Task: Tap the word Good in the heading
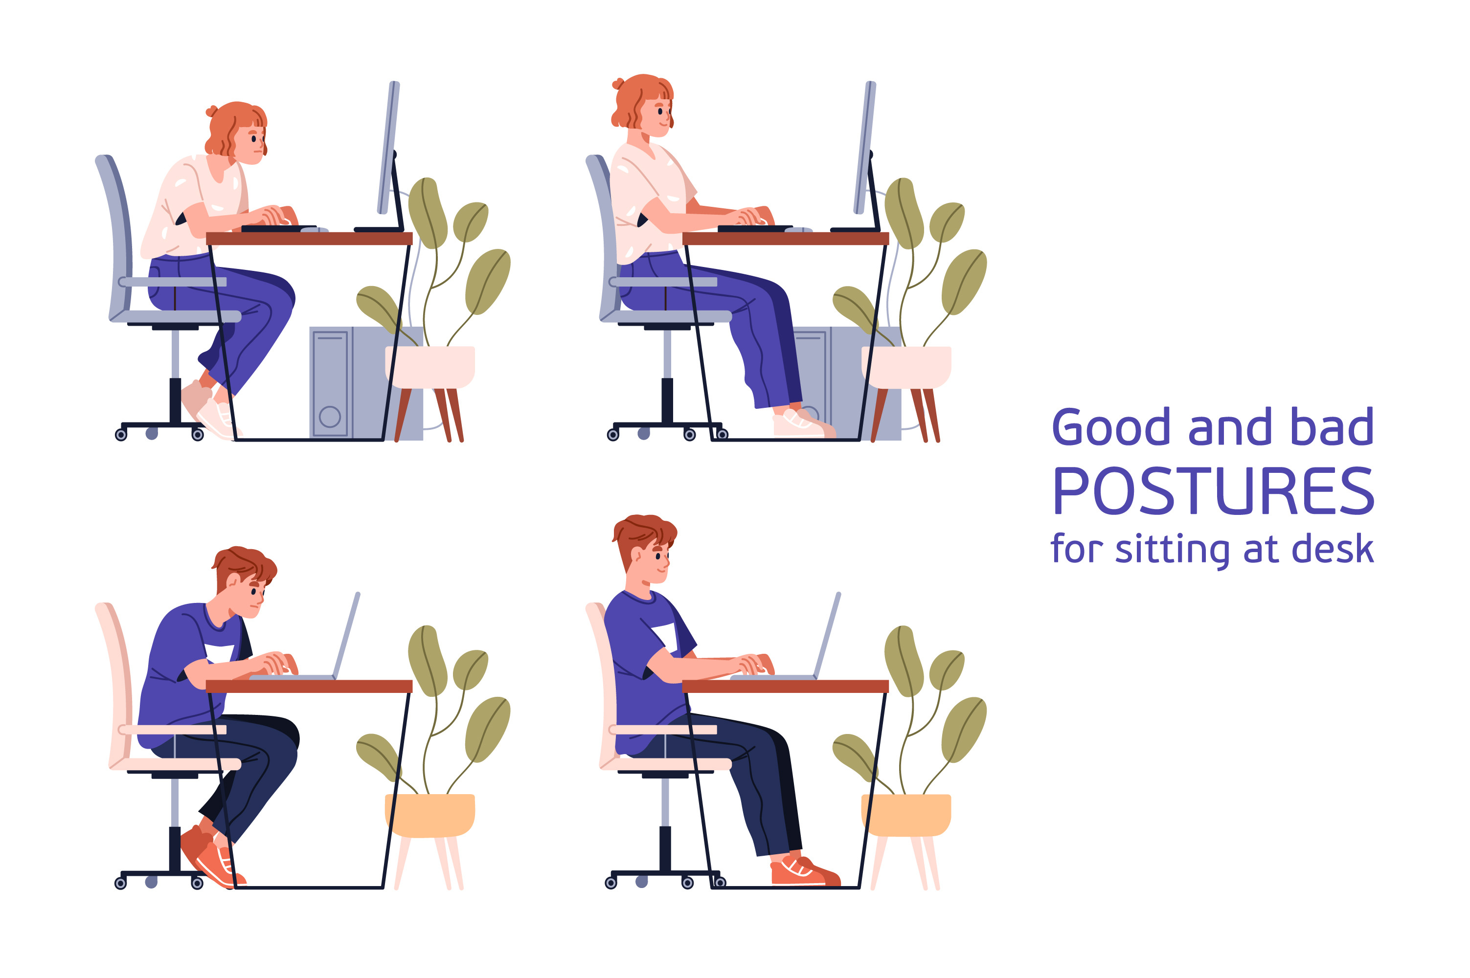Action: [1110, 427]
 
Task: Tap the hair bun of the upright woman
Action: [618, 84]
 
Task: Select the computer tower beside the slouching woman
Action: [366, 383]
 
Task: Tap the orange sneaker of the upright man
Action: [805, 871]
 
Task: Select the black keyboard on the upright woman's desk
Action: [755, 228]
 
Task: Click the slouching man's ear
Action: [231, 581]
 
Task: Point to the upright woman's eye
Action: [660, 111]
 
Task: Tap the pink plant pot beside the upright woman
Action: [906, 367]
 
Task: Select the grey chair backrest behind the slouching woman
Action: [113, 237]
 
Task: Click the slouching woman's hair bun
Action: [212, 111]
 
